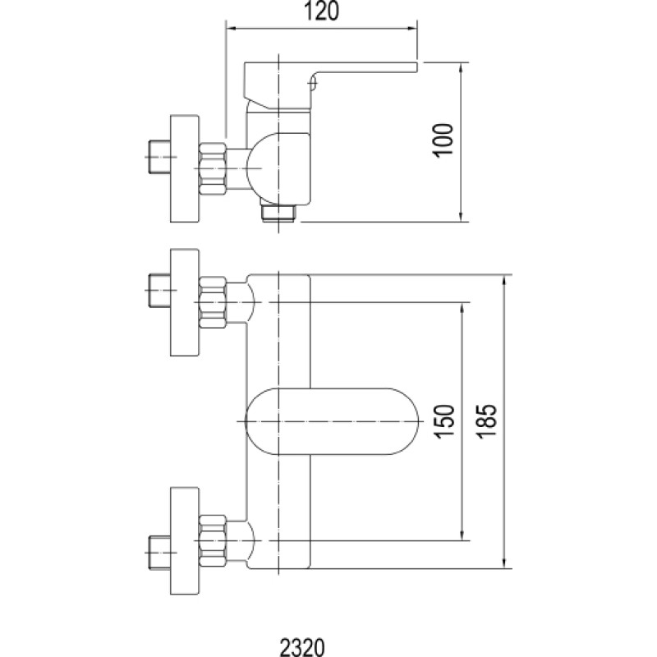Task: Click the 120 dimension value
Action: (321, 11)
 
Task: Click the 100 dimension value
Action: (443, 140)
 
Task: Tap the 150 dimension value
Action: (444, 421)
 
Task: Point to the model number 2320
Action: (302, 647)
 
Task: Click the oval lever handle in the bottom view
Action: (332, 421)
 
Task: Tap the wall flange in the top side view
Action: (184, 168)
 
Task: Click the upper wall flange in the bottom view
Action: (184, 302)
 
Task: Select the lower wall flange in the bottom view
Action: (184, 540)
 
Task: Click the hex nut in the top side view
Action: (213, 168)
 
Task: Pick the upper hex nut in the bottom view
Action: (213, 302)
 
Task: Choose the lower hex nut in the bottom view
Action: (213, 540)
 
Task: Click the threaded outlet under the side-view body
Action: (278, 213)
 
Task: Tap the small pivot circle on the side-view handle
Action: (313, 85)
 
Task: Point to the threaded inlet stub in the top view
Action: (159, 157)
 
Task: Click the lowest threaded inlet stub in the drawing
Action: (159, 553)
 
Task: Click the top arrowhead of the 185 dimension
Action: (505, 281)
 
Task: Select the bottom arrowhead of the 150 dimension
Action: (462, 535)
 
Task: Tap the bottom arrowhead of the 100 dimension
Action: (461, 216)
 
